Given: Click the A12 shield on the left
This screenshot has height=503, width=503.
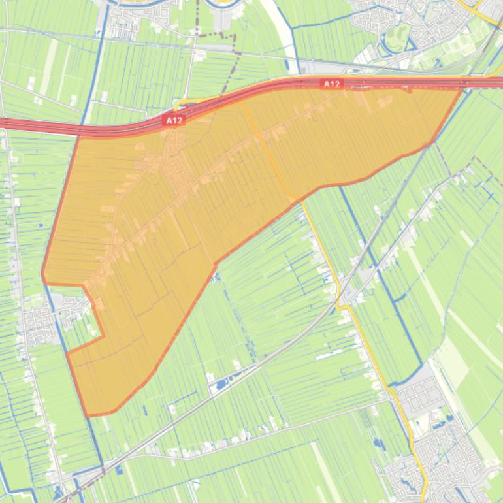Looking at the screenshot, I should [174, 120].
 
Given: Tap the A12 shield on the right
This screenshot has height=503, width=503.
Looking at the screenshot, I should [332, 84].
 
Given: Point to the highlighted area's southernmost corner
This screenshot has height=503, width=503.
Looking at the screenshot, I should [88, 415].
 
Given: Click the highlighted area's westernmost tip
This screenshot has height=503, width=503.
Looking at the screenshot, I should [42, 274].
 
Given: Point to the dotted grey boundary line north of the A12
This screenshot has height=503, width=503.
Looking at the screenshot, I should [229, 65].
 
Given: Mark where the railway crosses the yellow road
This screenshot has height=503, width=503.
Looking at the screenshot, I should [342, 297].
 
